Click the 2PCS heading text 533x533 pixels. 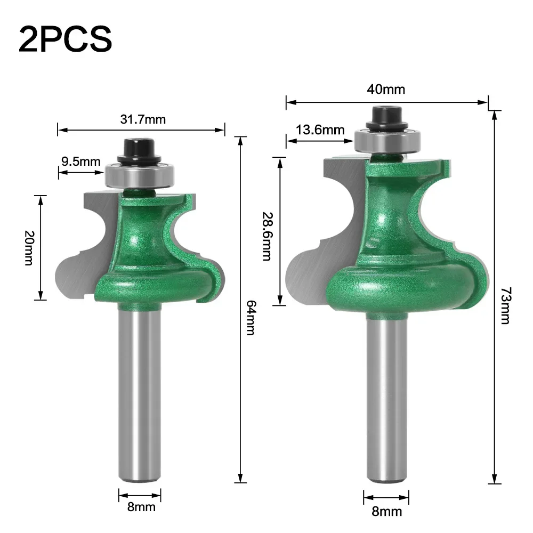click(x=66, y=38)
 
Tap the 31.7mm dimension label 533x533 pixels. click(x=142, y=119)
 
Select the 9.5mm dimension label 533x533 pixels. click(x=80, y=161)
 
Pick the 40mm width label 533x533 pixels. click(x=386, y=89)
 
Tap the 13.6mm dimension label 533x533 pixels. click(x=320, y=130)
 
